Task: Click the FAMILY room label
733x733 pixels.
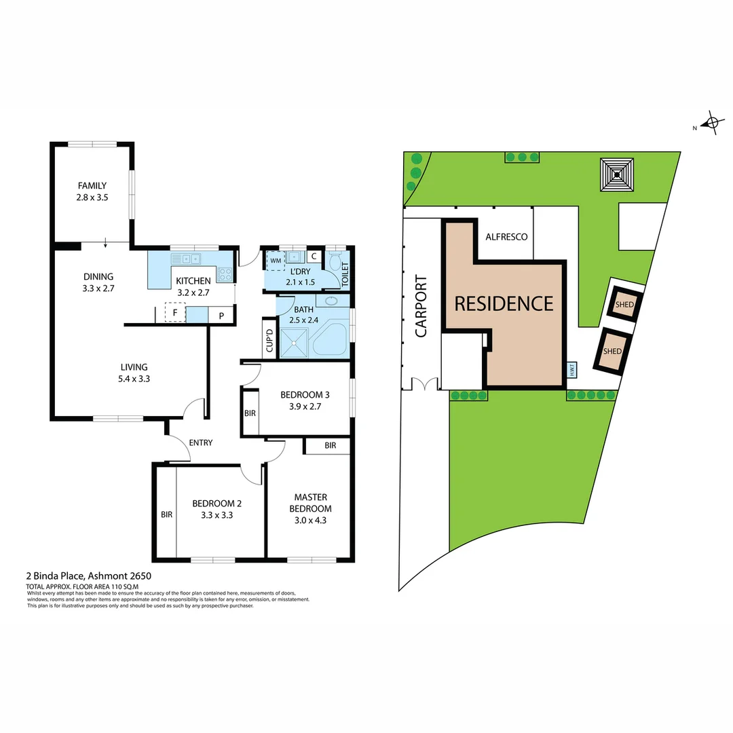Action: pyautogui.click(x=92, y=185)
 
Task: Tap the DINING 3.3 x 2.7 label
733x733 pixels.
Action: pyautogui.click(x=98, y=277)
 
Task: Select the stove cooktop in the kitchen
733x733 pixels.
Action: pyautogui.click(x=225, y=275)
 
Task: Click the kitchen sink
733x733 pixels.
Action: pyautogui.click(x=186, y=259)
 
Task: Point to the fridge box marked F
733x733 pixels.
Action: pyautogui.click(x=175, y=314)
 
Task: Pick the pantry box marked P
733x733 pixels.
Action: pyautogui.click(x=221, y=316)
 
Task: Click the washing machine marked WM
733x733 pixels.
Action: pyautogui.click(x=276, y=260)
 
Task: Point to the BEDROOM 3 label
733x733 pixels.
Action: pyautogui.click(x=305, y=395)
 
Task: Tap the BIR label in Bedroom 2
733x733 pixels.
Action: pyautogui.click(x=166, y=514)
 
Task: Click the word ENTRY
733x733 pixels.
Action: pyautogui.click(x=201, y=443)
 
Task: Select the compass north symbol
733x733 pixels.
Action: pyautogui.click(x=711, y=123)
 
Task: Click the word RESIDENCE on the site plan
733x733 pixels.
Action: pyautogui.click(x=504, y=303)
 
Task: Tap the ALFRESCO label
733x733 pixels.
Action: pyautogui.click(x=506, y=237)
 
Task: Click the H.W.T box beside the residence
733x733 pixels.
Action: pyautogui.click(x=572, y=370)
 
